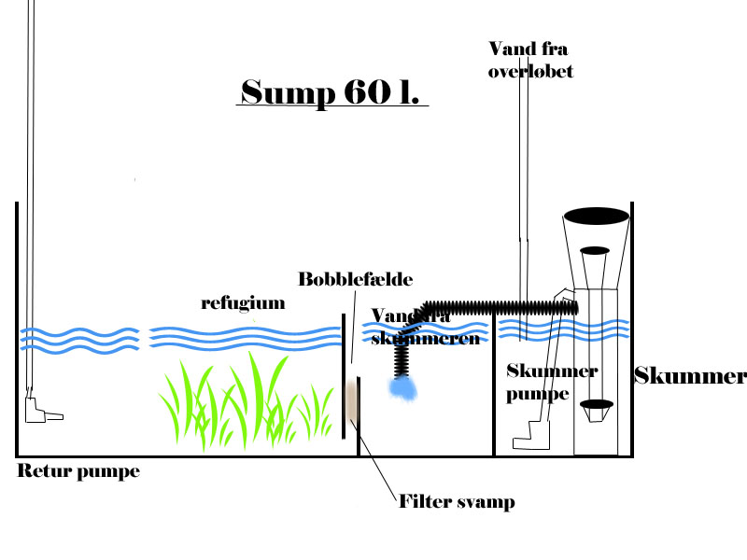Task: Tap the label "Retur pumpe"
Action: (x=78, y=472)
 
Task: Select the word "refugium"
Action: (x=243, y=303)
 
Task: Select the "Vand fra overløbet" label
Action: (x=529, y=59)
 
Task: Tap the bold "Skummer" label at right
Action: (x=690, y=377)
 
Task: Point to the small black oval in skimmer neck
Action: (x=595, y=250)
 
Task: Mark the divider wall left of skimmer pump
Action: (x=493, y=392)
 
